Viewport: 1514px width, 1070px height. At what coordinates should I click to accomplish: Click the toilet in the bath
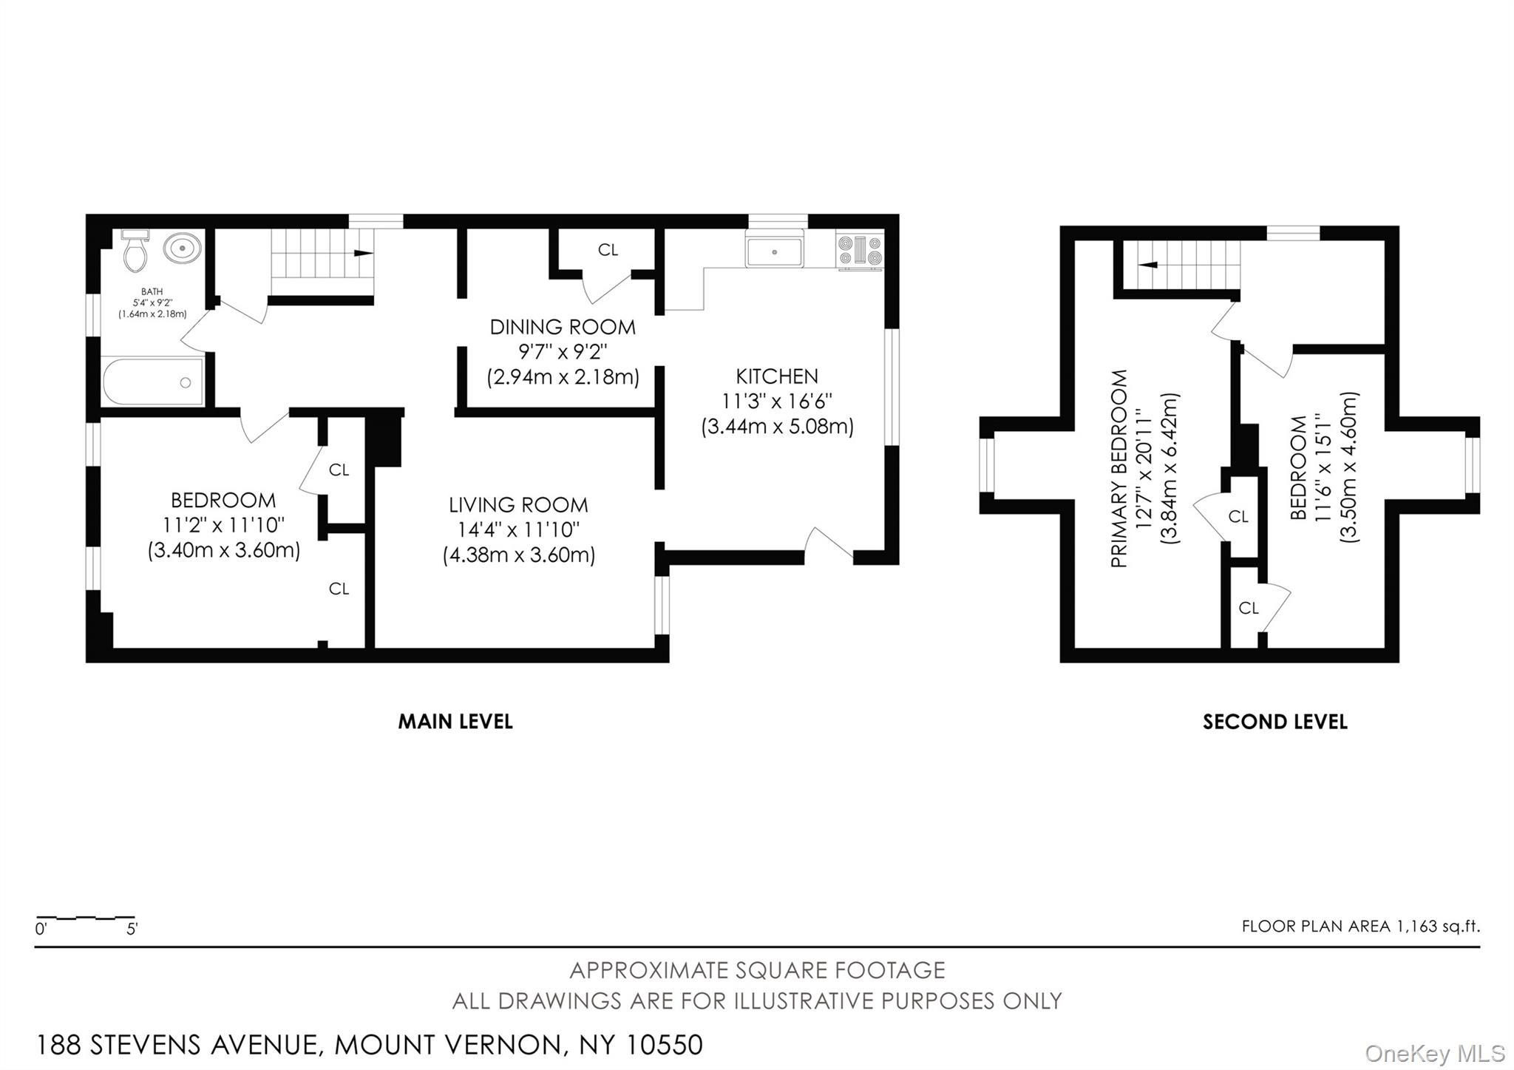(x=136, y=251)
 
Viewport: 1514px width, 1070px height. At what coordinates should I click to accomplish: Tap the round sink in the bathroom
(x=182, y=248)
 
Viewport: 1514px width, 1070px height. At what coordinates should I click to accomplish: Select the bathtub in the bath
(x=153, y=382)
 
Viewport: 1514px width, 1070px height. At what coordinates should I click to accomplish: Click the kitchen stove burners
(x=859, y=249)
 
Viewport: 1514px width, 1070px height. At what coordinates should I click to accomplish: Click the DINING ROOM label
(x=563, y=327)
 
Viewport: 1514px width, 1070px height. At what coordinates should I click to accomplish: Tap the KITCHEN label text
(x=777, y=376)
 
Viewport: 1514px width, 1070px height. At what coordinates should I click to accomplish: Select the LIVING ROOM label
(x=518, y=505)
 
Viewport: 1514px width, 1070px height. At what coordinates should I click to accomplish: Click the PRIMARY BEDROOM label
(x=1119, y=469)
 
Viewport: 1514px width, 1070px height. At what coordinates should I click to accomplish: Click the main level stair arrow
(x=362, y=253)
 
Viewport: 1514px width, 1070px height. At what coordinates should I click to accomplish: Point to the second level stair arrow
(x=1147, y=265)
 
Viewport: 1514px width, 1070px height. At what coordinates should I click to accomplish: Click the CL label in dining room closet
(x=608, y=250)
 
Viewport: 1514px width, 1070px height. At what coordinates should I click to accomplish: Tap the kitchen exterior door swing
(x=829, y=543)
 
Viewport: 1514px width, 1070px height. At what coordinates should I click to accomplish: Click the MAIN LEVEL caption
(x=455, y=722)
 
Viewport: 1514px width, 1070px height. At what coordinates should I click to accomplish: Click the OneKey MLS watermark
(x=1434, y=1053)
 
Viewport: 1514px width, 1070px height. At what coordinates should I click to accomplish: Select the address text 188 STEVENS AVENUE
(x=177, y=1045)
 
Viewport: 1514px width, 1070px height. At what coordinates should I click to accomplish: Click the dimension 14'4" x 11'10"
(x=518, y=530)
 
